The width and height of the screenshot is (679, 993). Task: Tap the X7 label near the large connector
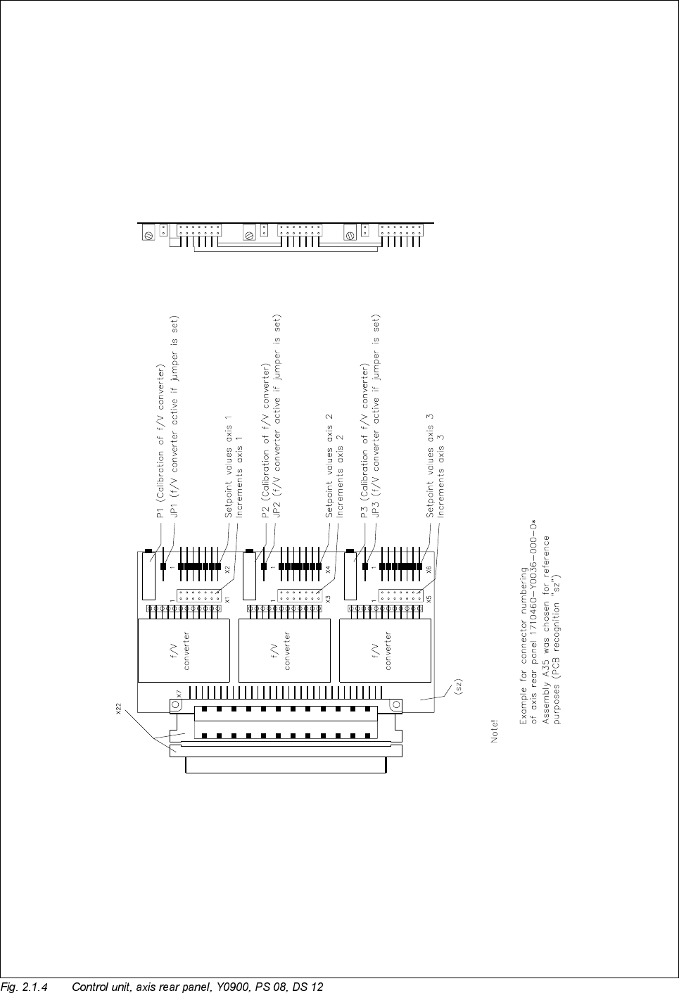tap(179, 693)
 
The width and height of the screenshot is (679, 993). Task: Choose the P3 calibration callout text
tap(364, 441)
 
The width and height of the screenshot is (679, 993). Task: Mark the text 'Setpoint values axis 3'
tap(430, 466)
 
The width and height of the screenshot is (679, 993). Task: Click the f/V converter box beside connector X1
tap(184, 651)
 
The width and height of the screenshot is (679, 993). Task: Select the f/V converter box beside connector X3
tap(284, 651)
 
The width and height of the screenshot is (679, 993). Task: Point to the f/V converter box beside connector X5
tap(385, 651)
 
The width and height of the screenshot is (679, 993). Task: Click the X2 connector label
tap(227, 569)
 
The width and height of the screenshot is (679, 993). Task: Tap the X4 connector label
tap(328, 569)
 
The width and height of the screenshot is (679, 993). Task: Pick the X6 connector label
tap(429, 569)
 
